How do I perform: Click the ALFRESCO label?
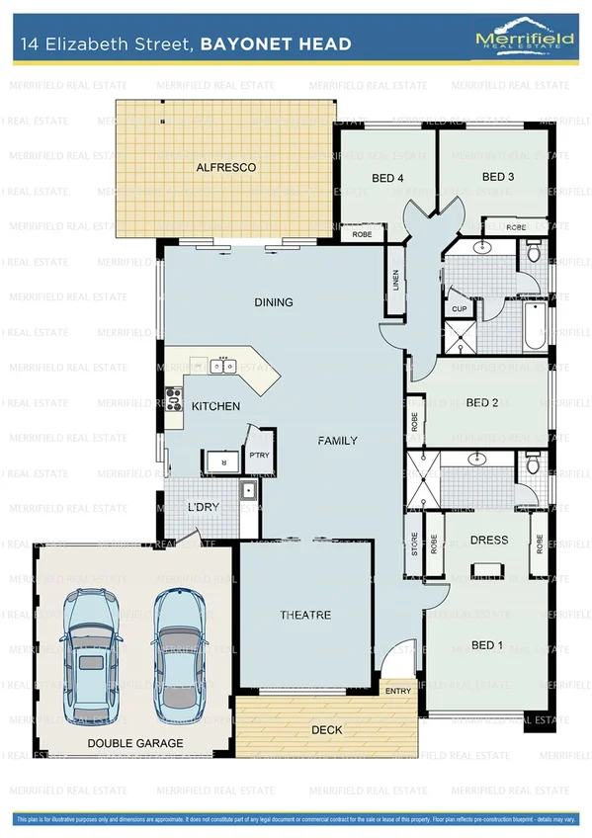[x=226, y=168]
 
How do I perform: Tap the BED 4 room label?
[x=387, y=179]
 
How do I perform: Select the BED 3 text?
[x=498, y=177]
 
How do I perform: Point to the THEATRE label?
[x=305, y=615]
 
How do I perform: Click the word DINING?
[x=273, y=302]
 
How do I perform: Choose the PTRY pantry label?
[x=259, y=456]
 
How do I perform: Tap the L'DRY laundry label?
[x=204, y=508]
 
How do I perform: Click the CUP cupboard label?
[x=459, y=309]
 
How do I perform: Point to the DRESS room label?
[x=489, y=541]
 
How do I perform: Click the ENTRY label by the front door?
[x=398, y=691]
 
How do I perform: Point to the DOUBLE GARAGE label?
[x=134, y=743]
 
